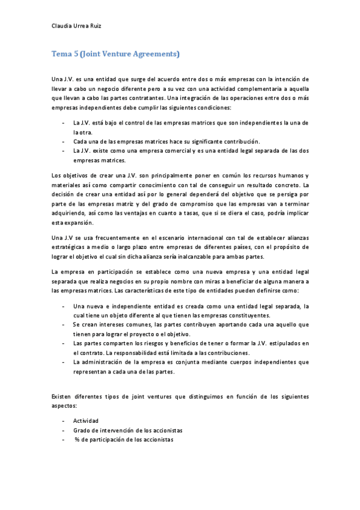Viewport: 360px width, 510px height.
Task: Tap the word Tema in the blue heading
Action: (61, 54)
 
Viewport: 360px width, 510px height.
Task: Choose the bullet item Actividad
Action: (85, 420)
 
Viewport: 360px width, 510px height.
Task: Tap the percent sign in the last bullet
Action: (77, 439)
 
